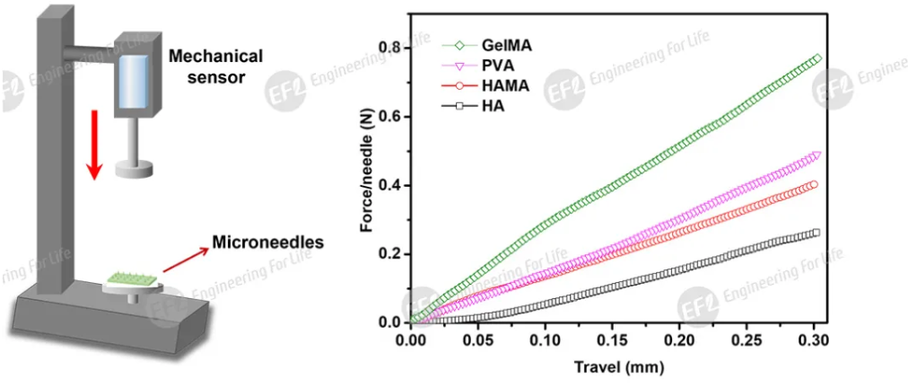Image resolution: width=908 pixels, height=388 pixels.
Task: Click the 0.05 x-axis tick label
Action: point(477,340)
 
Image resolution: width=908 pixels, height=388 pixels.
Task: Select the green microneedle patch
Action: point(132,280)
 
